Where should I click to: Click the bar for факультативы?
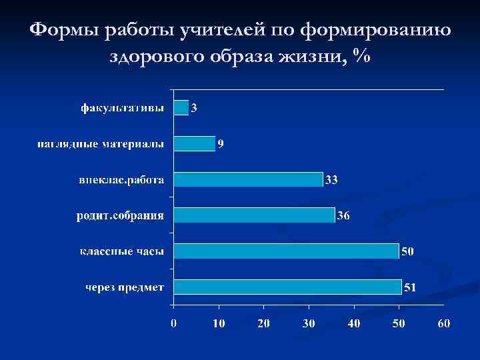point(181,107)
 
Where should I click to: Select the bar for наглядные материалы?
point(194,143)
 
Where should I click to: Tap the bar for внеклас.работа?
point(248,179)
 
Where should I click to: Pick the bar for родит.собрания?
point(254,215)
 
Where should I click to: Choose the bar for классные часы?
point(286,251)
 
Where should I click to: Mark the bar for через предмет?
point(288,287)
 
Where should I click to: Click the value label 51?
point(411,287)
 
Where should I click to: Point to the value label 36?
point(343,215)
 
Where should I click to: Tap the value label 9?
point(221,143)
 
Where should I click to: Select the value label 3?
point(194,107)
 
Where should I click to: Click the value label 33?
point(331,179)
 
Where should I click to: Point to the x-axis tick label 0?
point(173,323)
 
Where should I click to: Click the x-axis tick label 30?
point(309,323)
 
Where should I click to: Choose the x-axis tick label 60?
point(444,323)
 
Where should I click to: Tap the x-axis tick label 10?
point(219,323)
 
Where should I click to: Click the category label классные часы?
point(122,252)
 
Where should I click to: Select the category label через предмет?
point(125,288)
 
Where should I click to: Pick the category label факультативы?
point(121,108)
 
